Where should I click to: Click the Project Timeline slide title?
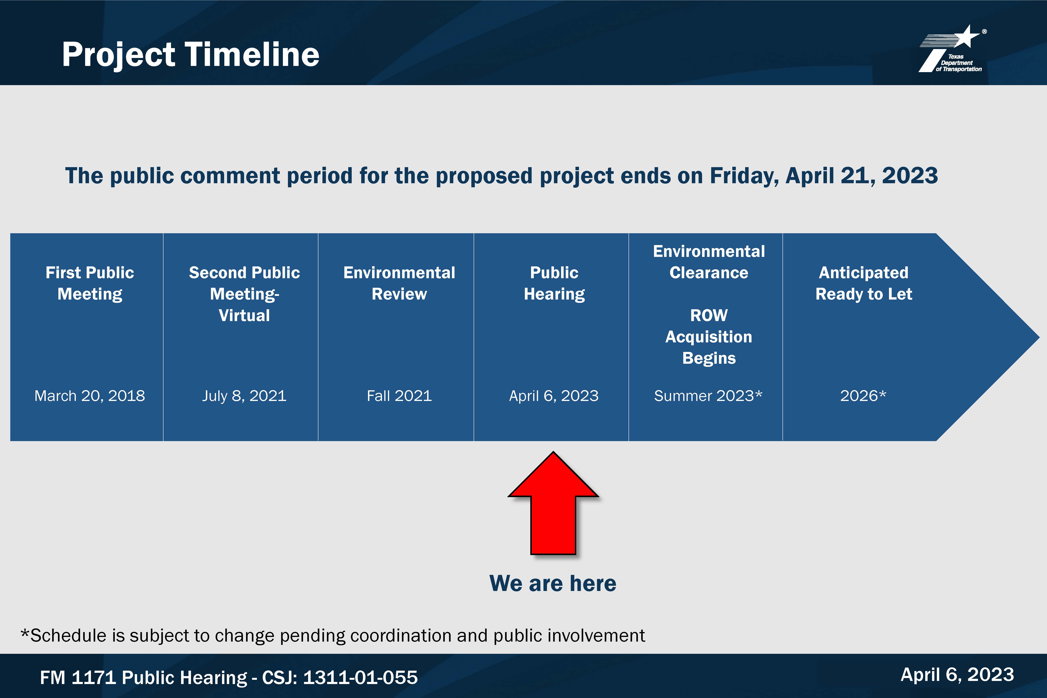tap(191, 55)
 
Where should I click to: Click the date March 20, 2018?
tap(89, 396)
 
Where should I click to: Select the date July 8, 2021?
tap(244, 396)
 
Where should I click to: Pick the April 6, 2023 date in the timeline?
tap(554, 396)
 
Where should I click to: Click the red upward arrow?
tap(553, 503)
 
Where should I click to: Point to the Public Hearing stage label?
tap(554, 283)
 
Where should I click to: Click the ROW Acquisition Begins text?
tap(709, 337)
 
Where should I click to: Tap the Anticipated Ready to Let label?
tap(864, 283)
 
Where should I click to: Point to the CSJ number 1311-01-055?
tap(360, 677)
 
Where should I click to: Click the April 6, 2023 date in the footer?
tap(957, 675)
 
